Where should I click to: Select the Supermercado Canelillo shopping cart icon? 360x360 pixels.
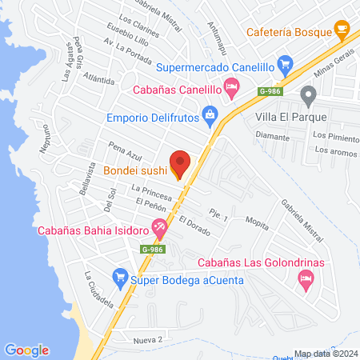[x=284, y=62]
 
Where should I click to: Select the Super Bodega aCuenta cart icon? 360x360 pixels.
[x=120, y=276]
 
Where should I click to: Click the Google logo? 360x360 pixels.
[x=26, y=350]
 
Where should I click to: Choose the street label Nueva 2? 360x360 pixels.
[x=148, y=340]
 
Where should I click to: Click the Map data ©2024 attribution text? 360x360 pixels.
[x=325, y=354]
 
